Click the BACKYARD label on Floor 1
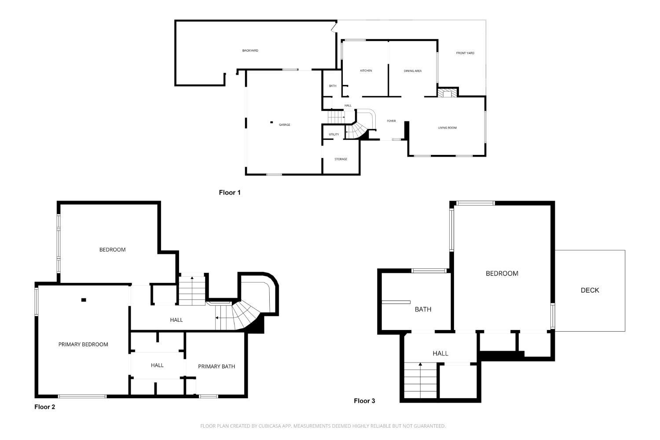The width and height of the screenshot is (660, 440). [250, 51]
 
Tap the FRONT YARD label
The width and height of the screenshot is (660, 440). [465, 53]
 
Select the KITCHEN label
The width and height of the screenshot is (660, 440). [366, 71]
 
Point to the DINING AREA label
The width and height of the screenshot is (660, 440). [413, 71]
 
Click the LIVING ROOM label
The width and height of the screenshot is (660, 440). [447, 128]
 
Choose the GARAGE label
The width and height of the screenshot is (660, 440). [284, 125]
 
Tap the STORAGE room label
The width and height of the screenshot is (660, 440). [341, 159]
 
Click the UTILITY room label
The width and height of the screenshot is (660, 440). [334, 135]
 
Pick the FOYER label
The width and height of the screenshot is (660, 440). [391, 121]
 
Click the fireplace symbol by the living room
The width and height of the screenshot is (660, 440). [447, 93]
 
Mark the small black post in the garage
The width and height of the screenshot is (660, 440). [271, 122]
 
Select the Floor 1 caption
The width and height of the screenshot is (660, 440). [230, 193]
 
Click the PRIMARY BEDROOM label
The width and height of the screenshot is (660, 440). [83, 345]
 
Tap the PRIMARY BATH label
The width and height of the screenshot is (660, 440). [216, 367]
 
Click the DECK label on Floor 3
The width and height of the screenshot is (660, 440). [590, 290]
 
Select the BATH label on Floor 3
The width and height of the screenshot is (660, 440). [423, 309]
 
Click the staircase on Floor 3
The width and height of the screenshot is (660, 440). [421, 380]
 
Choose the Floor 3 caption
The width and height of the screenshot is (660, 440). [364, 401]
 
